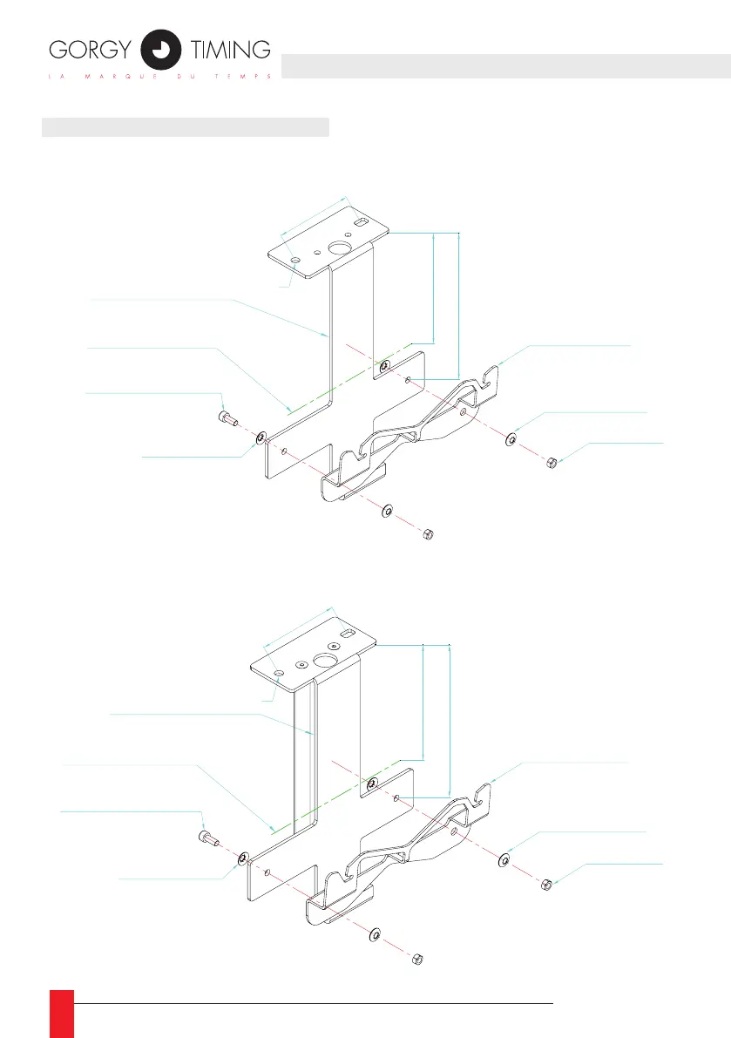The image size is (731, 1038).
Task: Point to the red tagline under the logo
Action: pos(161,76)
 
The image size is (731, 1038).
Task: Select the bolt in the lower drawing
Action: pos(206,838)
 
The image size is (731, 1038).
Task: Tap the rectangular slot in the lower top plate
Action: pos(347,634)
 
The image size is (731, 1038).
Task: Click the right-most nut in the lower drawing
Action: pos(541,884)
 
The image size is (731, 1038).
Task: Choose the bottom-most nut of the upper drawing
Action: pos(427,533)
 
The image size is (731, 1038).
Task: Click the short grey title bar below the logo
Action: pos(186,128)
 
